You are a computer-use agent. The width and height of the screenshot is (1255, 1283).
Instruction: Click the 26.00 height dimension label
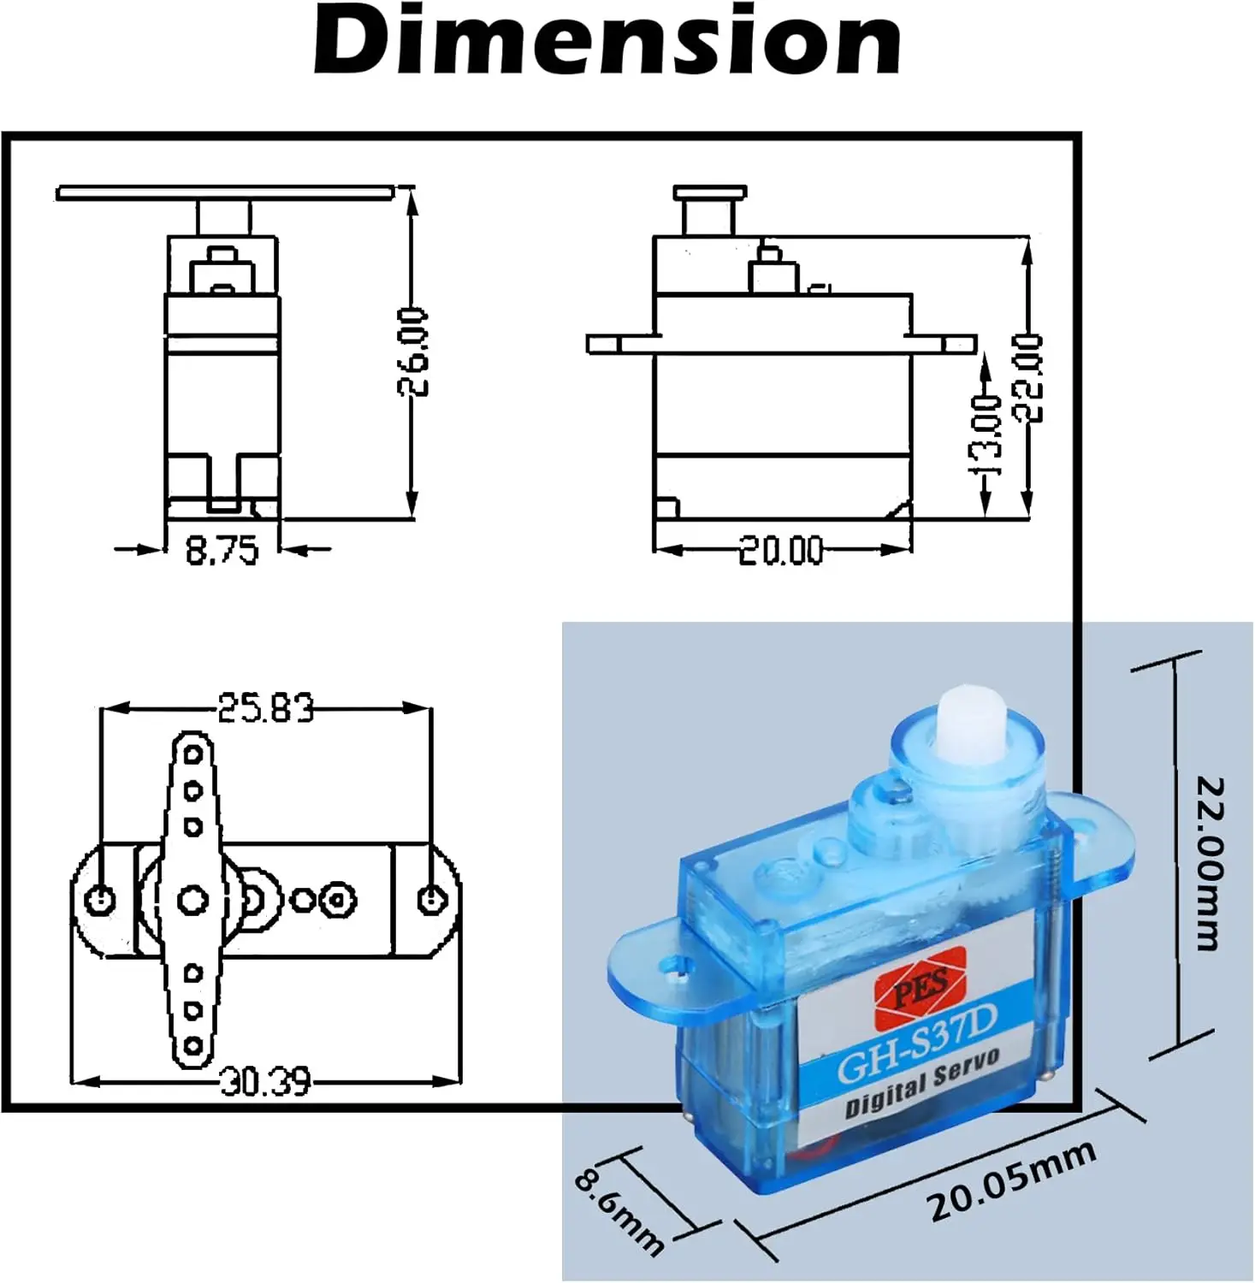click(413, 352)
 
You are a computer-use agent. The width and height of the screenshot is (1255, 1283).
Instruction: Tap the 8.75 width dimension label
click(222, 550)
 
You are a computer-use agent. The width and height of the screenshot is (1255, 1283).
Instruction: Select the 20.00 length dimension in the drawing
click(781, 551)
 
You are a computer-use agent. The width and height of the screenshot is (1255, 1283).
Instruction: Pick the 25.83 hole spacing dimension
click(265, 708)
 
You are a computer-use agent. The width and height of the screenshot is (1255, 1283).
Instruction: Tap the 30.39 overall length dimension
click(265, 1082)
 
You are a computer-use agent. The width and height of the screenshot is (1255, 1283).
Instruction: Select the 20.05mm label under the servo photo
click(1012, 1182)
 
